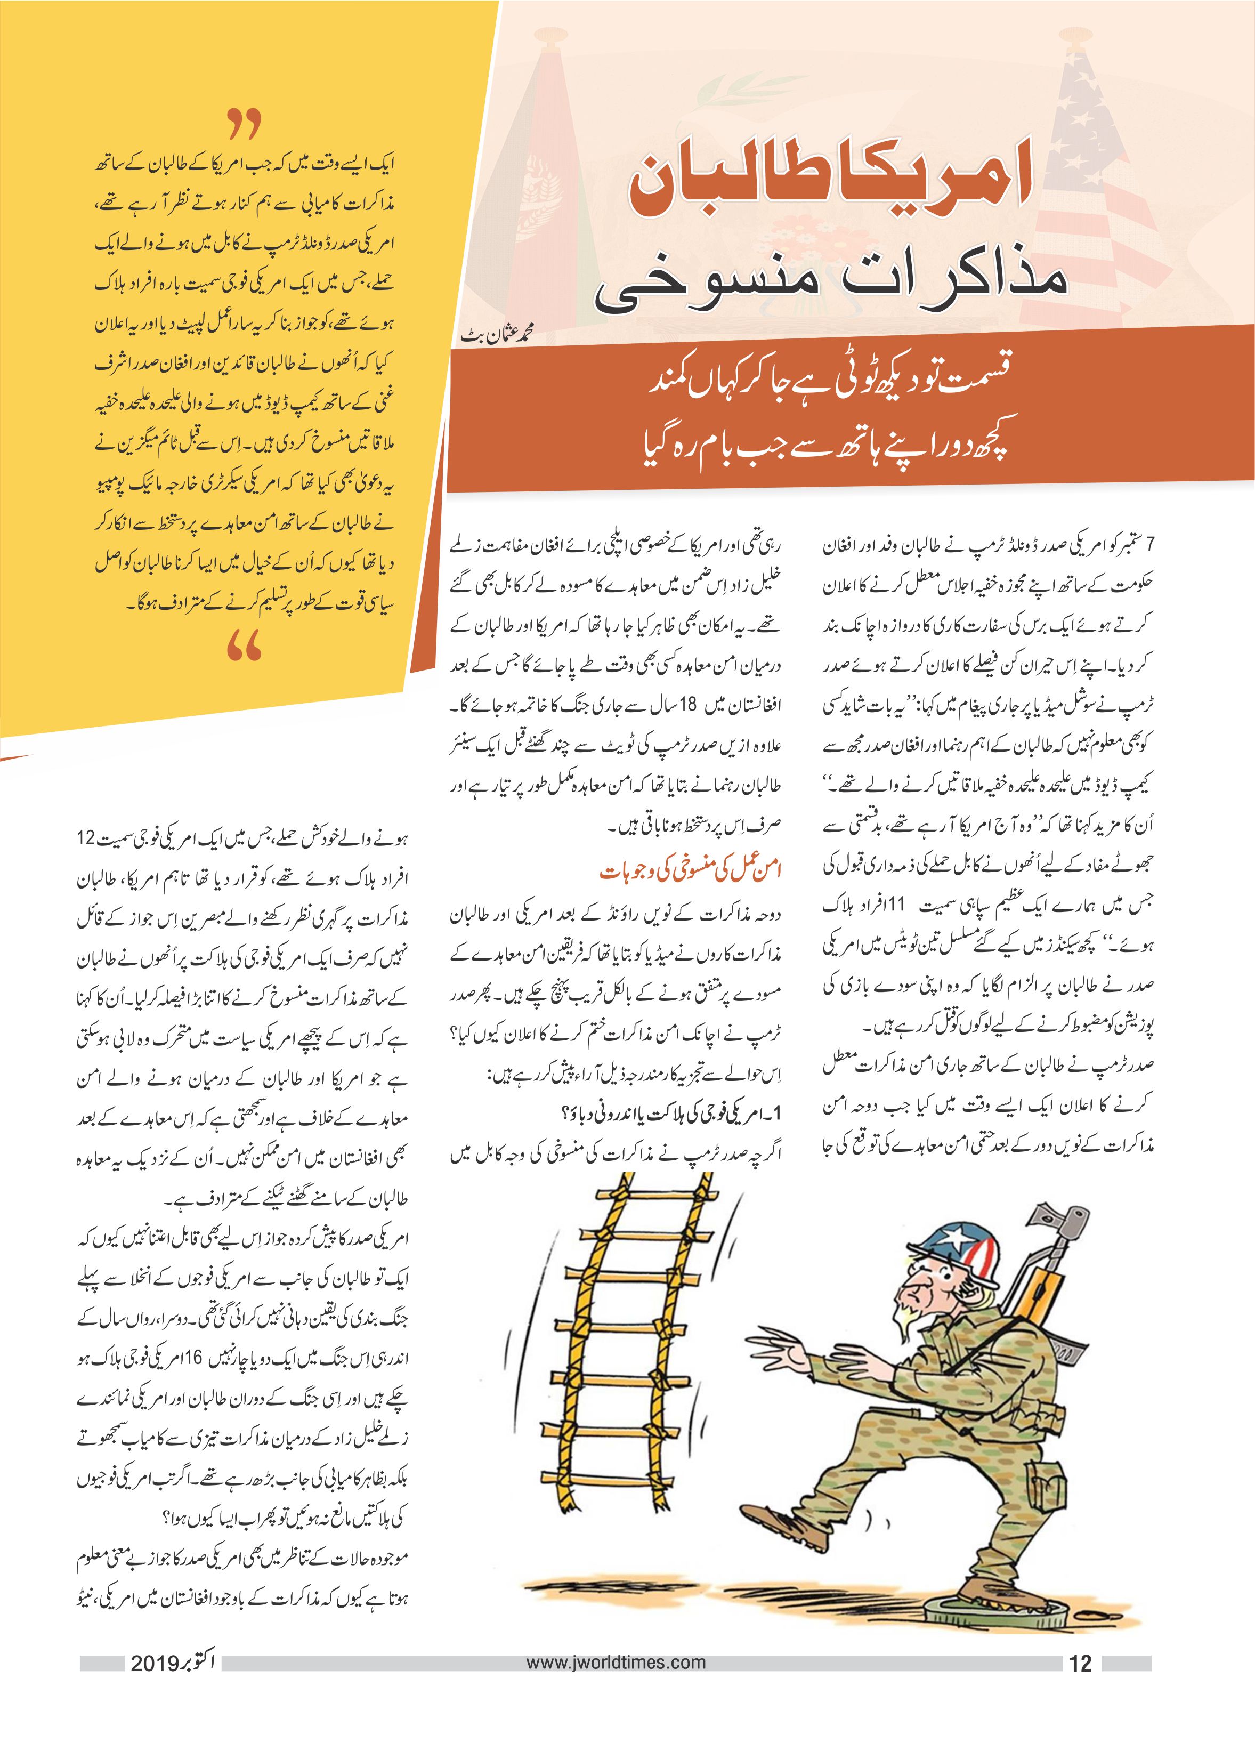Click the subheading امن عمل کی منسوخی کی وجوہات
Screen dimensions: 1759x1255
[x=691, y=871]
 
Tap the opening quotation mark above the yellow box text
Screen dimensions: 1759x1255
[x=245, y=124]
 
